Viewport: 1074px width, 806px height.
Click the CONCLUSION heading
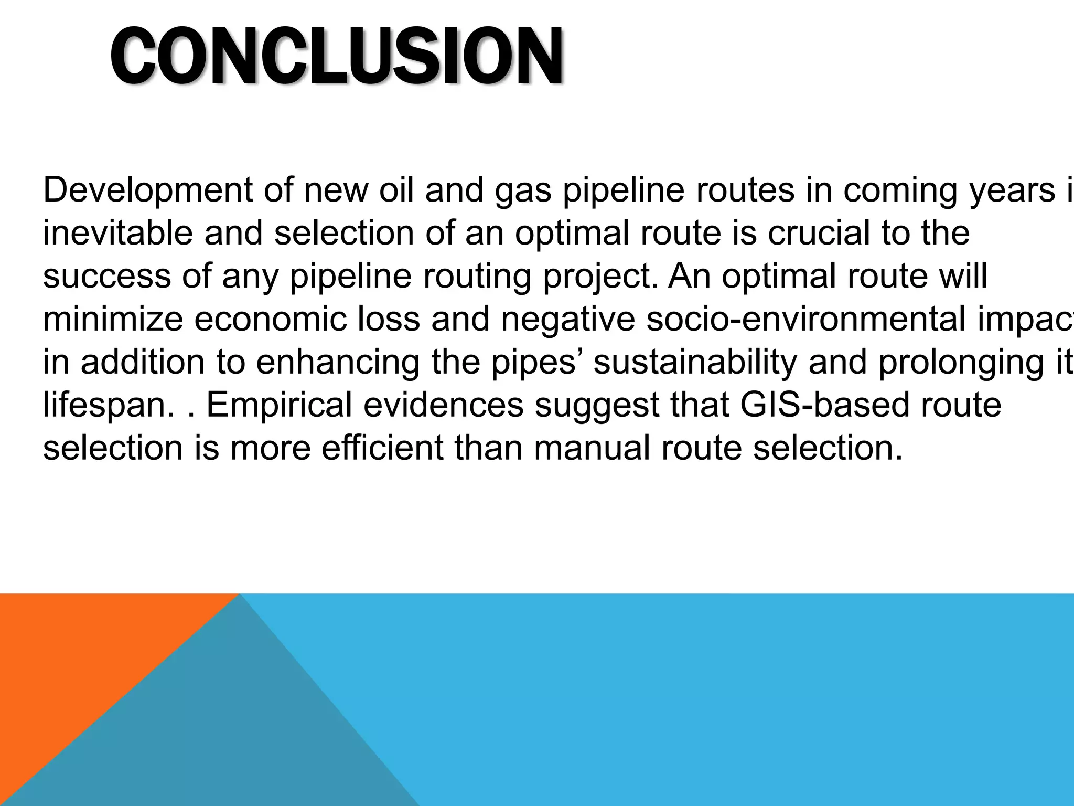pyautogui.click(x=337, y=57)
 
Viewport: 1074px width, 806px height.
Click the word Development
pyautogui.click(x=147, y=190)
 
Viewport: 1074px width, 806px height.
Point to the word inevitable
pyautogui.click(x=118, y=233)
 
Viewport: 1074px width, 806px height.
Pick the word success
pyautogui.click(x=107, y=276)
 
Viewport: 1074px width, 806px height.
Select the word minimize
pyautogui.click(x=113, y=319)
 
